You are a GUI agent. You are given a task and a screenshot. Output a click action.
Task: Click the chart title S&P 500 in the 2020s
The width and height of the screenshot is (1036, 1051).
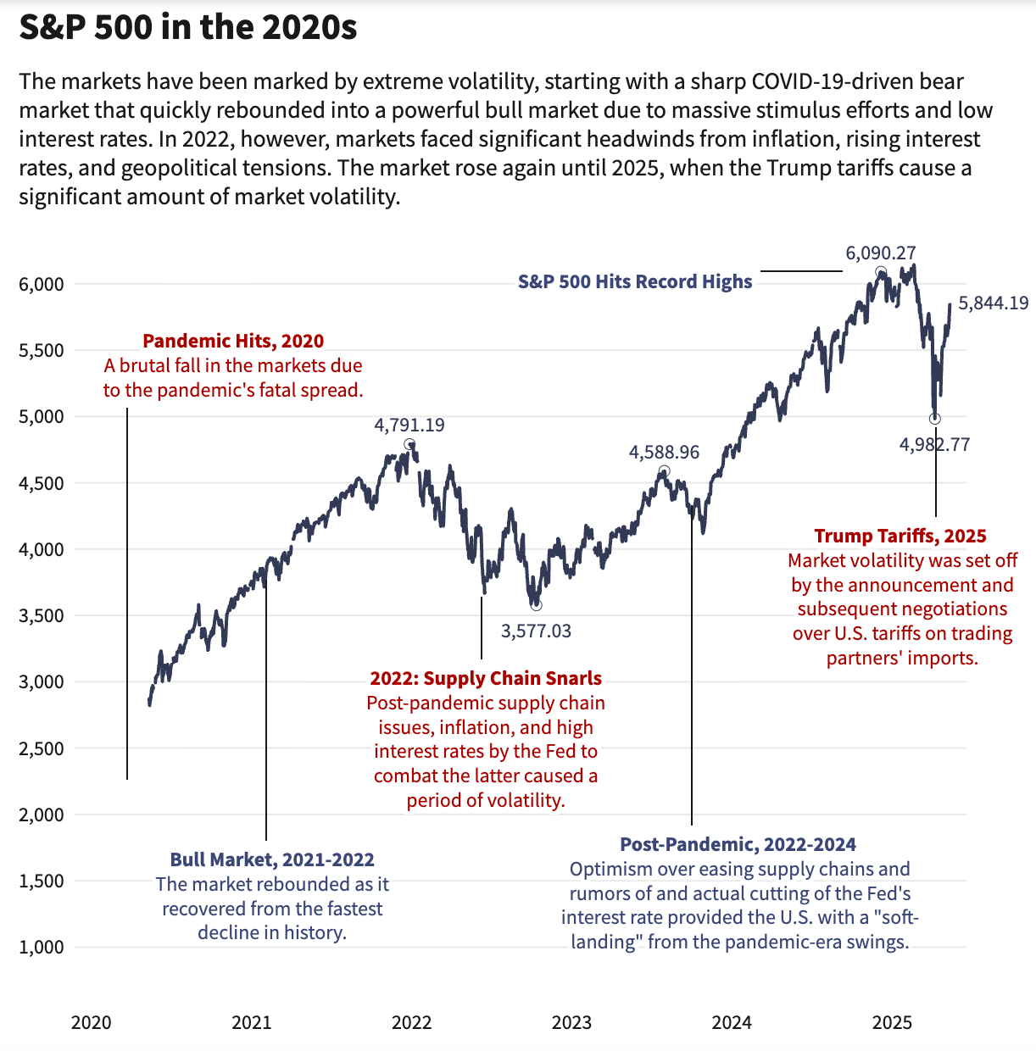[188, 28]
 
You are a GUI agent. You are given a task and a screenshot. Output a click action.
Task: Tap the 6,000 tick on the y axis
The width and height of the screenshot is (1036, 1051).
[42, 284]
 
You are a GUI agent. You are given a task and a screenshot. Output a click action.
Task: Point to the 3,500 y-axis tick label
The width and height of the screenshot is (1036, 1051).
[42, 616]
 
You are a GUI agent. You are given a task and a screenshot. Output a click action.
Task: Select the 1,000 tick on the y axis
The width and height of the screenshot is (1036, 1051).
[42, 948]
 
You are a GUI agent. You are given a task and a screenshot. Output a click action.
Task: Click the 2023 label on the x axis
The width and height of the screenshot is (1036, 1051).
[571, 1022]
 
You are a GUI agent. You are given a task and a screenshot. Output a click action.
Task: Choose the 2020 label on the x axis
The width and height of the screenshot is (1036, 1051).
[91, 1022]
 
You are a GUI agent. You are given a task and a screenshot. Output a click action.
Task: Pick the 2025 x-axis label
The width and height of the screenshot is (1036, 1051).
[892, 1022]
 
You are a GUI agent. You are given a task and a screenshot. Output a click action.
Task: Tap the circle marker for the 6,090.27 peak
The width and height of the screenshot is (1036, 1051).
[881, 272]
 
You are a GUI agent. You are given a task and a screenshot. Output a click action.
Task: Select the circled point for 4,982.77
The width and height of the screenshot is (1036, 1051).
[935, 419]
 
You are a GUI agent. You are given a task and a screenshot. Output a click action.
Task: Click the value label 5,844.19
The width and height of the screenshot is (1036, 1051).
[994, 303]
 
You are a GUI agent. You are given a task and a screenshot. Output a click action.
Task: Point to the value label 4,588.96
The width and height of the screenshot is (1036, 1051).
[664, 453]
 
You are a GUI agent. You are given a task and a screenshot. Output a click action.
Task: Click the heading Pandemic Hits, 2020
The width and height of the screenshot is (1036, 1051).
[233, 341]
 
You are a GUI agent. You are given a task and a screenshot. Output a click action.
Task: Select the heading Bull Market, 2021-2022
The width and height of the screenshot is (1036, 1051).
[272, 859]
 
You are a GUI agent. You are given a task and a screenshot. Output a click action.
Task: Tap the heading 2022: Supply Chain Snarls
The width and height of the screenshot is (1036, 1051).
[486, 678]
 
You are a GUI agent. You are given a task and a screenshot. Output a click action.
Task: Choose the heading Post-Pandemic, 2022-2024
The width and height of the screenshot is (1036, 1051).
[738, 844]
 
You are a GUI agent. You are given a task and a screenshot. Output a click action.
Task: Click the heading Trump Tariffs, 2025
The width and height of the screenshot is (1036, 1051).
[900, 536]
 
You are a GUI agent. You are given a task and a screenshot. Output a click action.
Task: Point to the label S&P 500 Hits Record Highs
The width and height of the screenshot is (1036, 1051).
[635, 281]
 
